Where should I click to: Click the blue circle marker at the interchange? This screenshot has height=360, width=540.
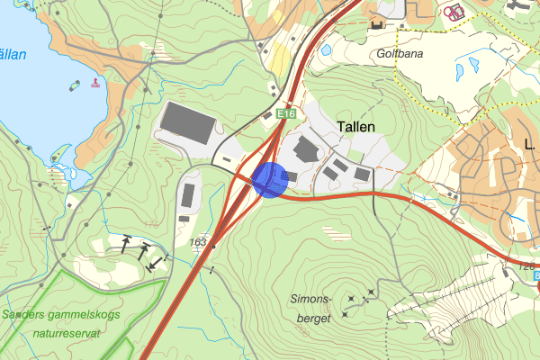[x=270, y=178]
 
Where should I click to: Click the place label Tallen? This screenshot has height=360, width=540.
[x=355, y=127]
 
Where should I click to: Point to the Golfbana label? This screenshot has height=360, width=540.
[x=393, y=53]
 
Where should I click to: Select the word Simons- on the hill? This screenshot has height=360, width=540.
[x=312, y=299]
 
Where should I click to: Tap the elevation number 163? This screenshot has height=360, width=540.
[x=198, y=242]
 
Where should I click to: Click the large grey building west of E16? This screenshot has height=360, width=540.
[x=189, y=123]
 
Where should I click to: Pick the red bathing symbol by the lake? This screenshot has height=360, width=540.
[x=95, y=84]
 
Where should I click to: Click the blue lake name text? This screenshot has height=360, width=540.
[x=13, y=55]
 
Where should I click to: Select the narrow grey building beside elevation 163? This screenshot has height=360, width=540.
[x=188, y=194]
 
